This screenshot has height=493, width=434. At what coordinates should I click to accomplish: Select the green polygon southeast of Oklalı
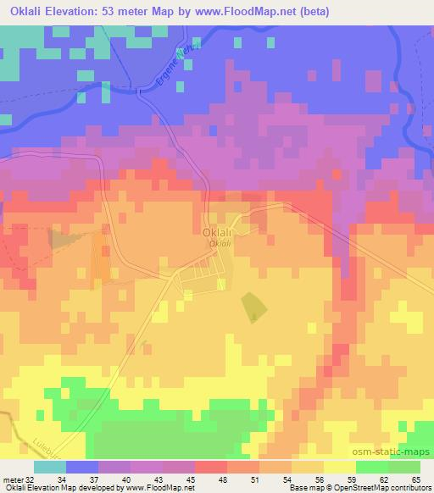click(252, 307)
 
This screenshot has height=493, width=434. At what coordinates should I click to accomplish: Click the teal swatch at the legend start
click(49, 467)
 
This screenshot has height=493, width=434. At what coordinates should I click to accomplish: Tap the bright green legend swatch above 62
click(372, 467)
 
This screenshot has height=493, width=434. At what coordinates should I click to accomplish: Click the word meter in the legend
click(13, 479)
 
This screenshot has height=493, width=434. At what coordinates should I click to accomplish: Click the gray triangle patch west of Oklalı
click(60, 238)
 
